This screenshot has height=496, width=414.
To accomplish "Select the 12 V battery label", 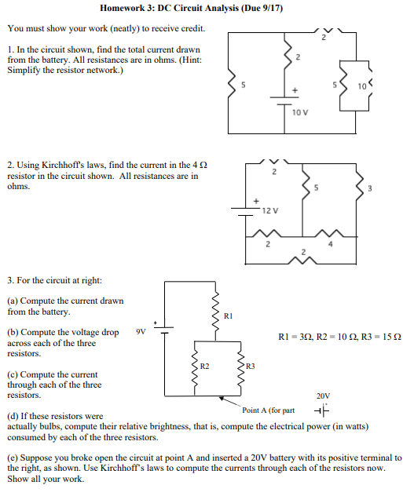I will (270, 211).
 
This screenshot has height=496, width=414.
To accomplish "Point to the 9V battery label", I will (141, 331).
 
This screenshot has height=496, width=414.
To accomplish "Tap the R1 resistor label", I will (229, 316).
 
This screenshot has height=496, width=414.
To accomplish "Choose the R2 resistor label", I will (204, 366).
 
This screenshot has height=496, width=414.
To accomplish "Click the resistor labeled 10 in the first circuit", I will (361, 84).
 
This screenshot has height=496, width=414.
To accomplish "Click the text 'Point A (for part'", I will (269, 410).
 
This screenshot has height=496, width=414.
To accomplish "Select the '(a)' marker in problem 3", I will (13, 301).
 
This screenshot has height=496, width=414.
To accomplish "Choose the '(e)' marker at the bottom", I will (13, 457).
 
